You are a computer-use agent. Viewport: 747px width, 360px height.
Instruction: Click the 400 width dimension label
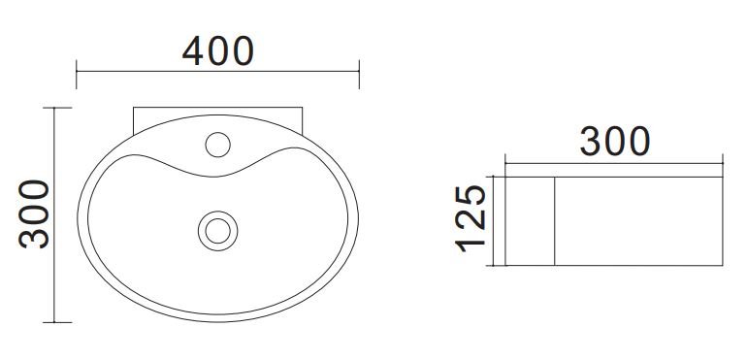tap(218, 51)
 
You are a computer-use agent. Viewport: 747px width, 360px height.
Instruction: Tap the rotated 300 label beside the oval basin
tap(34, 214)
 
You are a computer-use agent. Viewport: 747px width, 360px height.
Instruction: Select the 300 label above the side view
tap(615, 142)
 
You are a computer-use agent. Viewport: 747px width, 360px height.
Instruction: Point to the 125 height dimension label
tap(471, 218)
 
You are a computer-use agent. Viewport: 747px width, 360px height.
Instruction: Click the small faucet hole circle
tap(217, 145)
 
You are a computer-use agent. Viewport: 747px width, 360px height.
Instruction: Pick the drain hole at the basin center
tap(217, 231)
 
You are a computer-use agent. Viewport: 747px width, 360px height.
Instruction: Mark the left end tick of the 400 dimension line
tap(77, 75)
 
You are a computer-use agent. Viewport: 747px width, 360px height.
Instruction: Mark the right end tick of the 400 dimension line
tap(359, 75)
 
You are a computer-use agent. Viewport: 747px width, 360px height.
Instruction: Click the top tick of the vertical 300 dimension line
tap(57, 108)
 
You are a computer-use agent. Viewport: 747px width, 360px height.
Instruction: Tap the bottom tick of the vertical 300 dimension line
tap(57, 322)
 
